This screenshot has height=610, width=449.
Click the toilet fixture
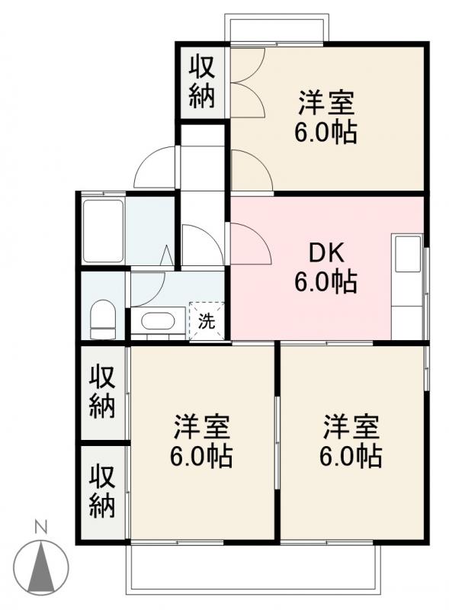103,319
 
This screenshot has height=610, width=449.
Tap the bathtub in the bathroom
103,231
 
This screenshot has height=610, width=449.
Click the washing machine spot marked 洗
207,321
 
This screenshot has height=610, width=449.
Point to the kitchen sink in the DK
408,254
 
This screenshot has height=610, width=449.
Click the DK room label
326,253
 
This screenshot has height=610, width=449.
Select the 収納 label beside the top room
201,82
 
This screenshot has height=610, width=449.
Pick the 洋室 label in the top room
326,103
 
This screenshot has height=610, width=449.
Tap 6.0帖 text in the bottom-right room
351,456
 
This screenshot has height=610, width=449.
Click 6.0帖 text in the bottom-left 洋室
201,456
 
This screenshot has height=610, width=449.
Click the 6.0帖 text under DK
326,282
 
